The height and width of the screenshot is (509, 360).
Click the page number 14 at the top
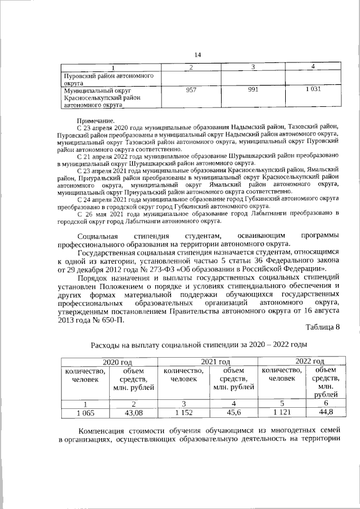(197, 55)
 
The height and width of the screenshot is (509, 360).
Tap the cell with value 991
(253, 90)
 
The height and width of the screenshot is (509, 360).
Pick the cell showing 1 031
(313, 90)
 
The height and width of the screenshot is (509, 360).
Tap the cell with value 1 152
(183, 413)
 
